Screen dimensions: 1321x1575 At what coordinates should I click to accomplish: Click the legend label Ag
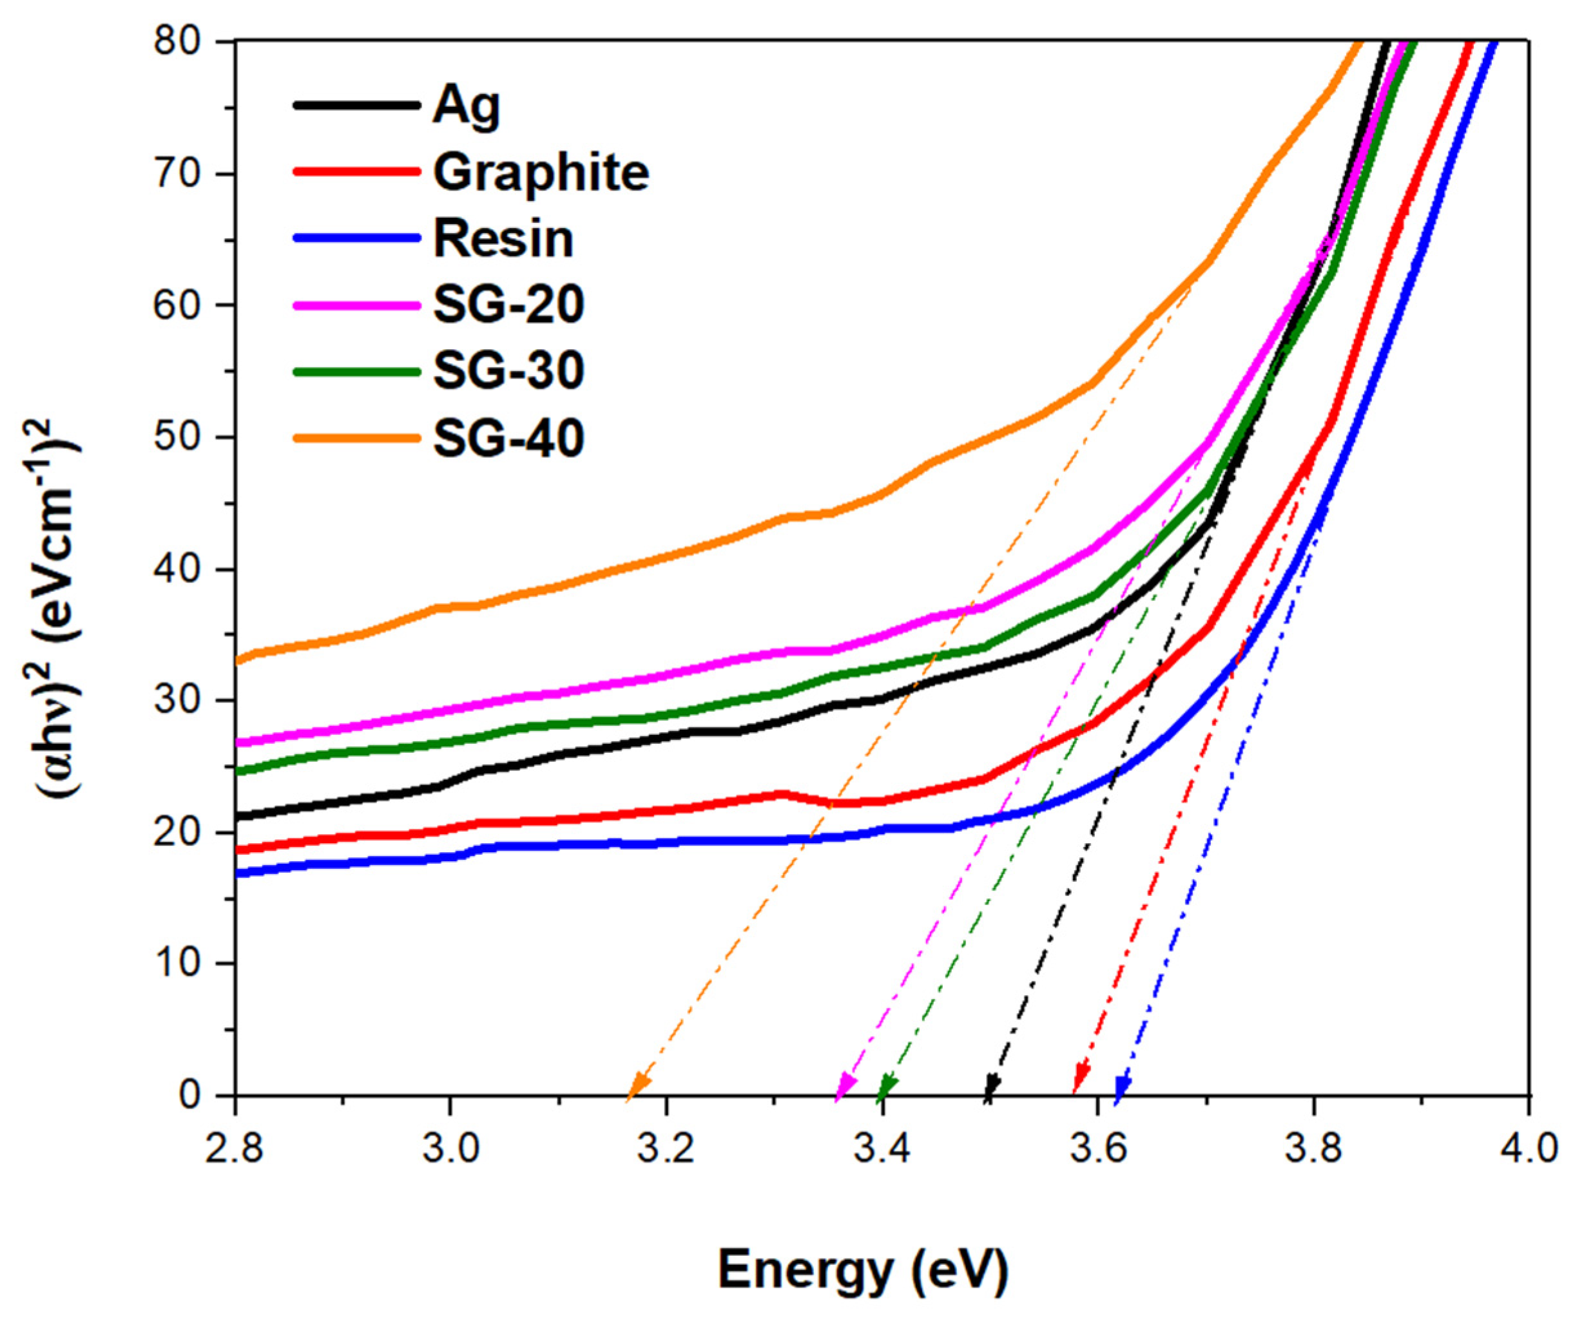tap(466, 106)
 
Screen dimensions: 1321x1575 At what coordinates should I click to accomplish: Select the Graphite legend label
tap(541, 173)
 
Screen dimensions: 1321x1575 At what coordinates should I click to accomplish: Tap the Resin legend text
tap(503, 238)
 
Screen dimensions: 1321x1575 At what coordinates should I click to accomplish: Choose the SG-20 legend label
tap(508, 305)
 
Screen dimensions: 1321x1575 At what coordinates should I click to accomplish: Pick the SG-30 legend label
tap(508, 370)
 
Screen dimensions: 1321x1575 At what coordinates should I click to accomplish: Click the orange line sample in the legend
tap(356, 437)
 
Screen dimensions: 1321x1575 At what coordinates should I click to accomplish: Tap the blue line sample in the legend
tap(356, 238)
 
